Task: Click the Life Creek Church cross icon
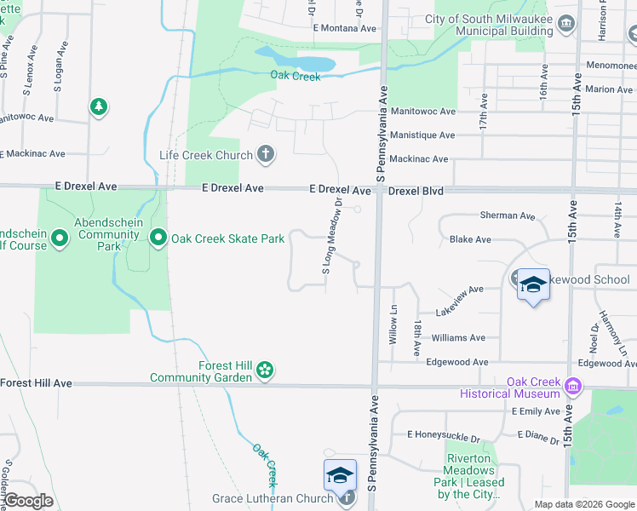pyautogui.click(x=266, y=155)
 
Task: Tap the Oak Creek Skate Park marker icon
pyautogui.click(x=158, y=238)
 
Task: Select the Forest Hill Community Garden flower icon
pyautogui.click(x=266, y=370)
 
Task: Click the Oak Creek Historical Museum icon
pyautogui.click(x=572, y=388)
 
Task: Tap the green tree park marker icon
pyautogui.click(x=99, y=106)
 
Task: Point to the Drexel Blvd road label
pyautogui.click(x=416, y=191)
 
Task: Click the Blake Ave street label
pyautogui.click(x=470, y=239)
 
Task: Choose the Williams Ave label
pyautogui.click(x=458, y=337)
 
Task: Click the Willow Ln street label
pyautogui.click(x=393, y=324)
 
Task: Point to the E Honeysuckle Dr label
pyautogui.click(x=444, y=434)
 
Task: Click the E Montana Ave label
pyautogui.click(x=344, y=28)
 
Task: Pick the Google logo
pyautogui.click(x=28, y=501)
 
